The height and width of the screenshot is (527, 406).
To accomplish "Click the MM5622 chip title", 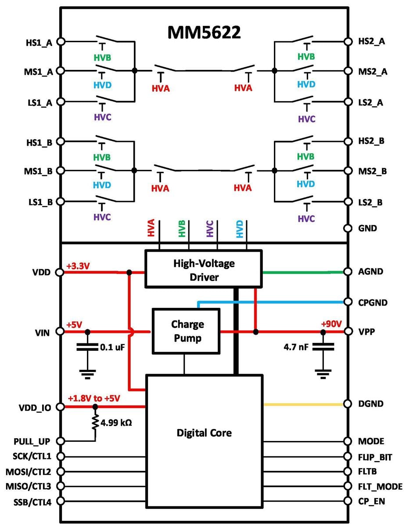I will click(204, 32).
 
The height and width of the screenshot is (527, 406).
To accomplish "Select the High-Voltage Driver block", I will click(203, 269).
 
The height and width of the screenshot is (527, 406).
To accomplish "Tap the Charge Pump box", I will click(185, 331).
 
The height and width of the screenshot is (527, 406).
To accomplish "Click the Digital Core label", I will click(204, 433).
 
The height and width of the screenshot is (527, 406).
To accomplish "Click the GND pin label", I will click(367, 228).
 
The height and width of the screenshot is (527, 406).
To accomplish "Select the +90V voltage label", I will click(331, 324).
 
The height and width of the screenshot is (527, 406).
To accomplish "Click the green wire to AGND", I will click(303, 272).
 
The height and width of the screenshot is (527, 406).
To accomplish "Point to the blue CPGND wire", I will click(272, 302).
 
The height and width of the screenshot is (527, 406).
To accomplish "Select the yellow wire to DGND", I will click(303, 404).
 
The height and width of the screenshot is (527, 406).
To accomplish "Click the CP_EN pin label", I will click(371, 501).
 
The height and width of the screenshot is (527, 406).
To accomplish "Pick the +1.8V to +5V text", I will click(94, 398).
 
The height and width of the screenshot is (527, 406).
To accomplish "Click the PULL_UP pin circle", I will click(61, 441).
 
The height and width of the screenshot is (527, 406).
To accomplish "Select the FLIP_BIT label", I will click(375, 457).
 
